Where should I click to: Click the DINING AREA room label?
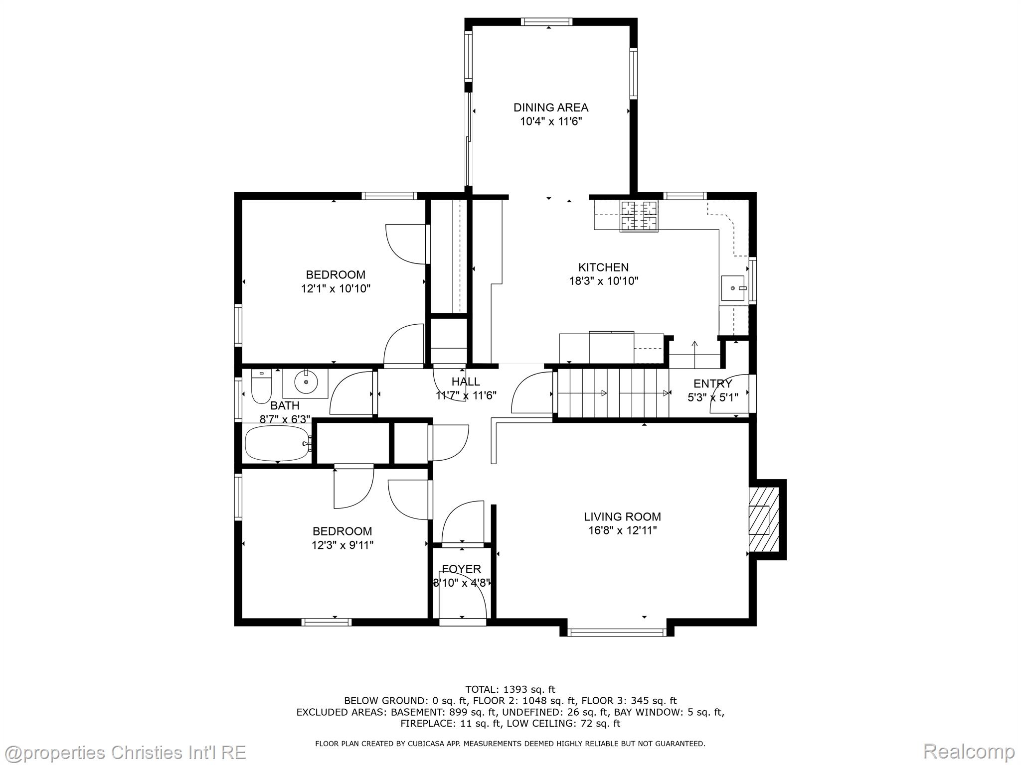pyautogui.click(x=551, y=107)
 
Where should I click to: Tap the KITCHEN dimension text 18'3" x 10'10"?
pyautogui.click(x=604, y=281)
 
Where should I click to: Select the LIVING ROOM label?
pyautogui.click(x=623, y=516)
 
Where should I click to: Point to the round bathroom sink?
pyautogui.click(x=306, y=383)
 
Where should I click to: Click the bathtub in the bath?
pyautogui.click(x=277, y=443)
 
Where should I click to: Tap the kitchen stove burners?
pyautogui.click(x=639, y=216)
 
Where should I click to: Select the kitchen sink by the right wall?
pyautogui.click(x=733, y=288)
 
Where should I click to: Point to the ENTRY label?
pyautogui.click(x=713, y=383)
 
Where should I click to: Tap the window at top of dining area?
pyautogui.click(x=546, y=21)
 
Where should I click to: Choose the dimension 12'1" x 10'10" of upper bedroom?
pyautogui.click(x=336, y=288)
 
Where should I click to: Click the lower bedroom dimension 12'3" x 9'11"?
pyautogui.click(x=342, y=545)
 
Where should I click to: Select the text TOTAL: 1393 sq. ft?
pyautogui.click(x=510, y=689)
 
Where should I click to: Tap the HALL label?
pyautogui.click(x=466, y=382)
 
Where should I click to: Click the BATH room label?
pyautogui.click(x=285, y=405)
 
